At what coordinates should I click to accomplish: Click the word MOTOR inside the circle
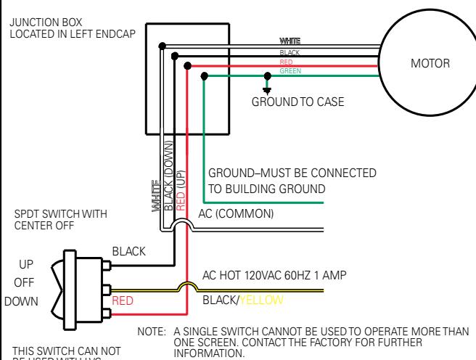[x=430, y=63]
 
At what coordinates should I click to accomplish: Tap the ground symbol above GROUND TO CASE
[x=267, y=89]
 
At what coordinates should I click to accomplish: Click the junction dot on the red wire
[x=188, y=65]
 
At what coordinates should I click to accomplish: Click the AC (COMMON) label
[x=237, y=214]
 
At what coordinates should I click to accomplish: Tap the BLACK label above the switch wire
[x=128, y=250]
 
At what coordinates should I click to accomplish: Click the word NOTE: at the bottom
[x=152, y=332]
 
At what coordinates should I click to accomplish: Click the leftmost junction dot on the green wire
[x=205, y=75]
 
